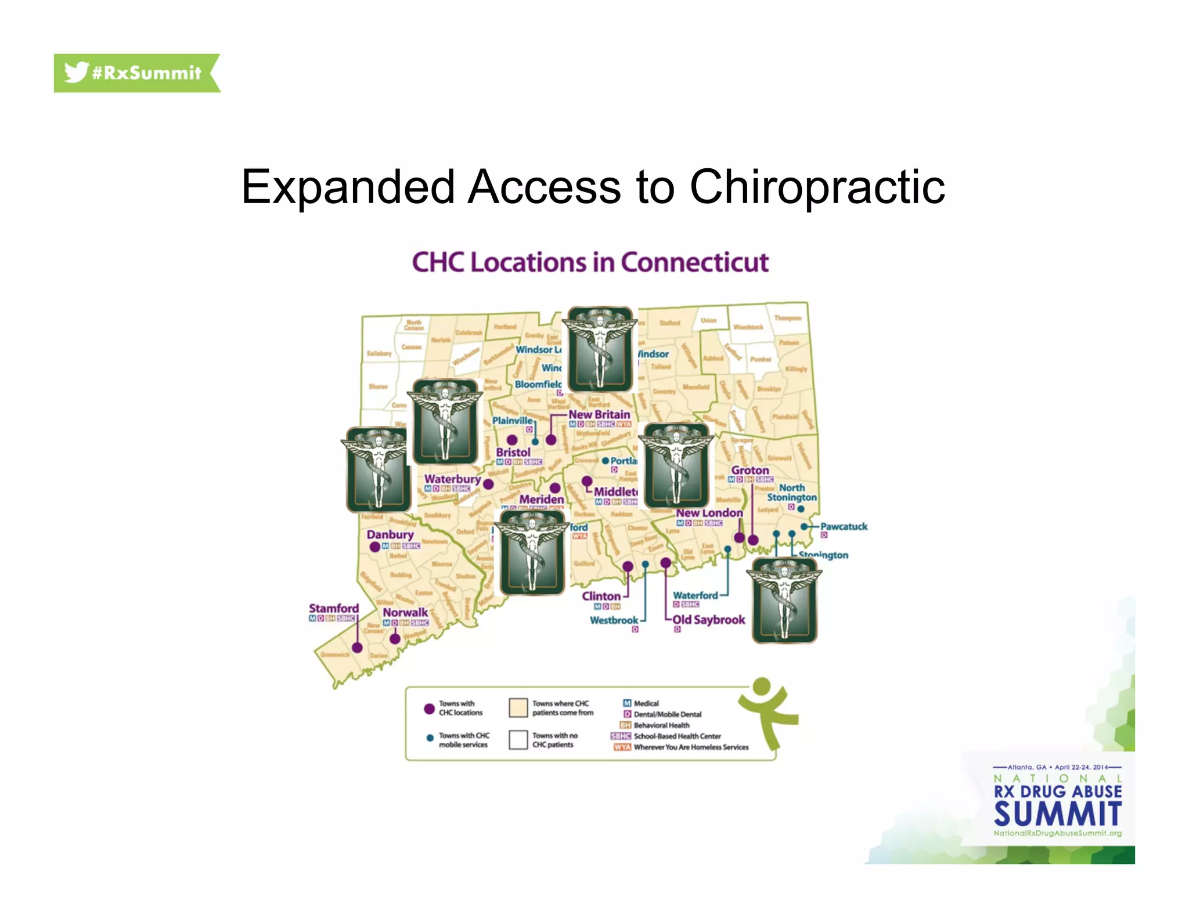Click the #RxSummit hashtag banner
[136, 73]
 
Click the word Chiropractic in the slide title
[817, 187]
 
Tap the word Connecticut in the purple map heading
[694, 262]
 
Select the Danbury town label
[390, 534]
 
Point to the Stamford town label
[334, 608]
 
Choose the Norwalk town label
[405, 612]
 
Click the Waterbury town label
[452, 479]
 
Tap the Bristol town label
[513, 452]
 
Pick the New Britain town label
[599, 414]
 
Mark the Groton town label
[750, 470]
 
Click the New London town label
[709, 513]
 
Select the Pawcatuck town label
[844, 526]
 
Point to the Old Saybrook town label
[709, 620]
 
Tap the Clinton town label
[601, 596]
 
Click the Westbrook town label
[614, 620]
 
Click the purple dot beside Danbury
[375, 547]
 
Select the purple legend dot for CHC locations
[430, 709]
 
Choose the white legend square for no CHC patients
[518, 740]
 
